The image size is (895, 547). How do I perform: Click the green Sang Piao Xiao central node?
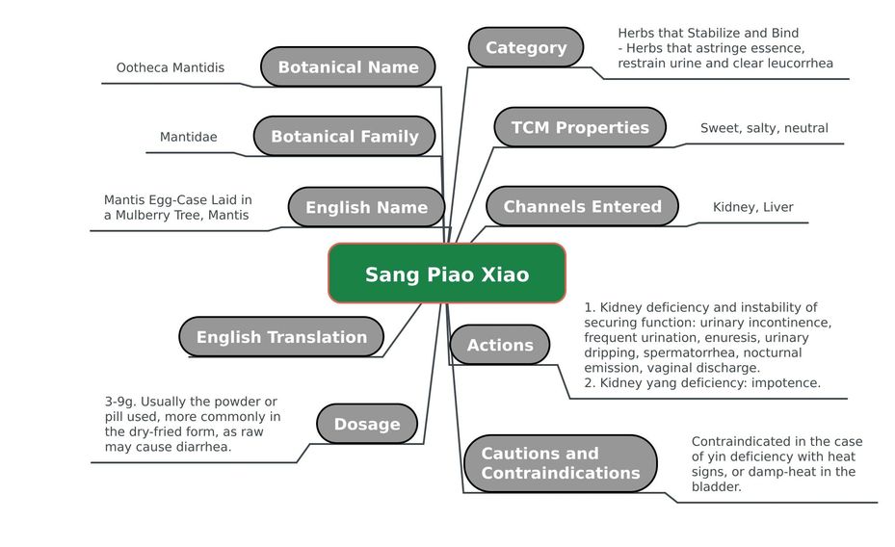[447, 273]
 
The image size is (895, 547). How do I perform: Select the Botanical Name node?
[348, 66]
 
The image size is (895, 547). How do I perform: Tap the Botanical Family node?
[345, 137]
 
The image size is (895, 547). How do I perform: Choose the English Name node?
[366, 207]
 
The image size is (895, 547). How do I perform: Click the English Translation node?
[281, 336]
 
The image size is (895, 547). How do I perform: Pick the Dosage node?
[367, 424]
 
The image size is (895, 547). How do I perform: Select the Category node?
[526, 47]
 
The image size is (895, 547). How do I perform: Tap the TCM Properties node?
[580, 127]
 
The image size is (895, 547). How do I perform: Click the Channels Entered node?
[582, 206]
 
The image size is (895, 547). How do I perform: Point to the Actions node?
[500, 345]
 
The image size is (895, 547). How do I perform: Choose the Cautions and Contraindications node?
[561, 463]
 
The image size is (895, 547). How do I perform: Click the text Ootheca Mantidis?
[171, 67]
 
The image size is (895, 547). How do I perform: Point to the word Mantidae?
[189, 137]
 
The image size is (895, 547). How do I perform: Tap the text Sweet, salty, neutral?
[764, 128]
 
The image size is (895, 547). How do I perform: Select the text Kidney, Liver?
[752, 208]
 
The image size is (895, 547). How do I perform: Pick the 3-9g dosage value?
[120, 403]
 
